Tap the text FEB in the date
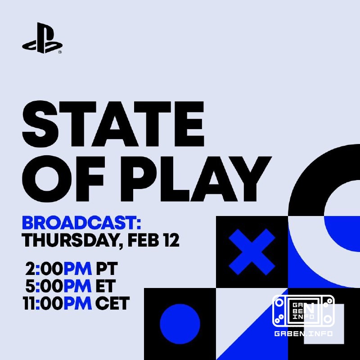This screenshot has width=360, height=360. point(143,240)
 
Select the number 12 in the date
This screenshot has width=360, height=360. point(171,240)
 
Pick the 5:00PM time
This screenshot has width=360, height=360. point(58,287)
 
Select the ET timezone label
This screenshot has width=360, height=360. point(106,287)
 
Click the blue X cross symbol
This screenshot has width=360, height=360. point(252,251)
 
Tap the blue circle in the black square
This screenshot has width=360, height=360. point(180,324)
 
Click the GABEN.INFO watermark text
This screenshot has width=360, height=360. point(303,334)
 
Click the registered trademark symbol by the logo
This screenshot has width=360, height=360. point(60,51)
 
